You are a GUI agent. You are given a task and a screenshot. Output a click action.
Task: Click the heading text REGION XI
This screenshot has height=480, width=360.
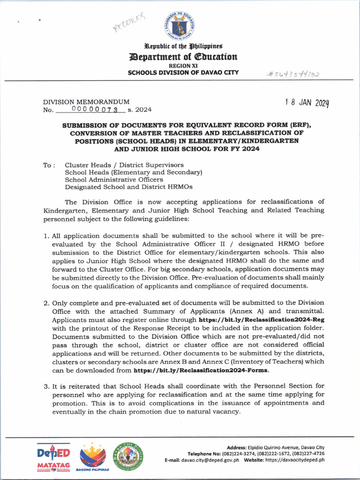[183, 66]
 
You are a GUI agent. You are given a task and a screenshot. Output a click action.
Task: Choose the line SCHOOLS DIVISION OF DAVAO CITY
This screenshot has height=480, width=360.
[183, 73]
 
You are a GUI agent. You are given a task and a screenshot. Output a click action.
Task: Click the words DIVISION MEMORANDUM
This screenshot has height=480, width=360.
[86, 102]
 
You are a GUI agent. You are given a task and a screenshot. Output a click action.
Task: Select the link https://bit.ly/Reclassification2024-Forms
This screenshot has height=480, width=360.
[202, 370]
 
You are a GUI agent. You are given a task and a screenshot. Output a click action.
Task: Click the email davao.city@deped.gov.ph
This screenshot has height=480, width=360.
[210, 460]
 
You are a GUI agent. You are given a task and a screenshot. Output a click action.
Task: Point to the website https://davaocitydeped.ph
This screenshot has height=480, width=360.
[294, 460]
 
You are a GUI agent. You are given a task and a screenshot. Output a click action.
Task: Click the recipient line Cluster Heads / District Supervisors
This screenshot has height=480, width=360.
[124, 165]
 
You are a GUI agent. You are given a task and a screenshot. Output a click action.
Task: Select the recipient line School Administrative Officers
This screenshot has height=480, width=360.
[114, 180]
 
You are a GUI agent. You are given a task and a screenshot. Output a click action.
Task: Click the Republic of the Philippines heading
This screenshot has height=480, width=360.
[183, 46]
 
